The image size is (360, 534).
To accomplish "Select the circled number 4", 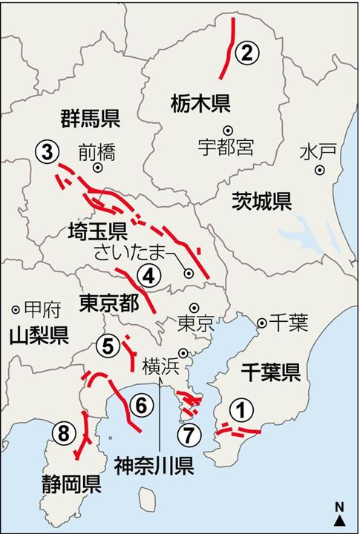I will [x=148, y=276].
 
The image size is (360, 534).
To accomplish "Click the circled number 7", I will [x=189, y=432].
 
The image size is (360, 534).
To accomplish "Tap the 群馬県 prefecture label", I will [x=90, y=117].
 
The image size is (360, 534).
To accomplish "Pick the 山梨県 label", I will [x=39, y=335].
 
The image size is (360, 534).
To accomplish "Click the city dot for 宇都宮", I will [x=227, y=128].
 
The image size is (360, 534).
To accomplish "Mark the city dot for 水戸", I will [x=320, y=169].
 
